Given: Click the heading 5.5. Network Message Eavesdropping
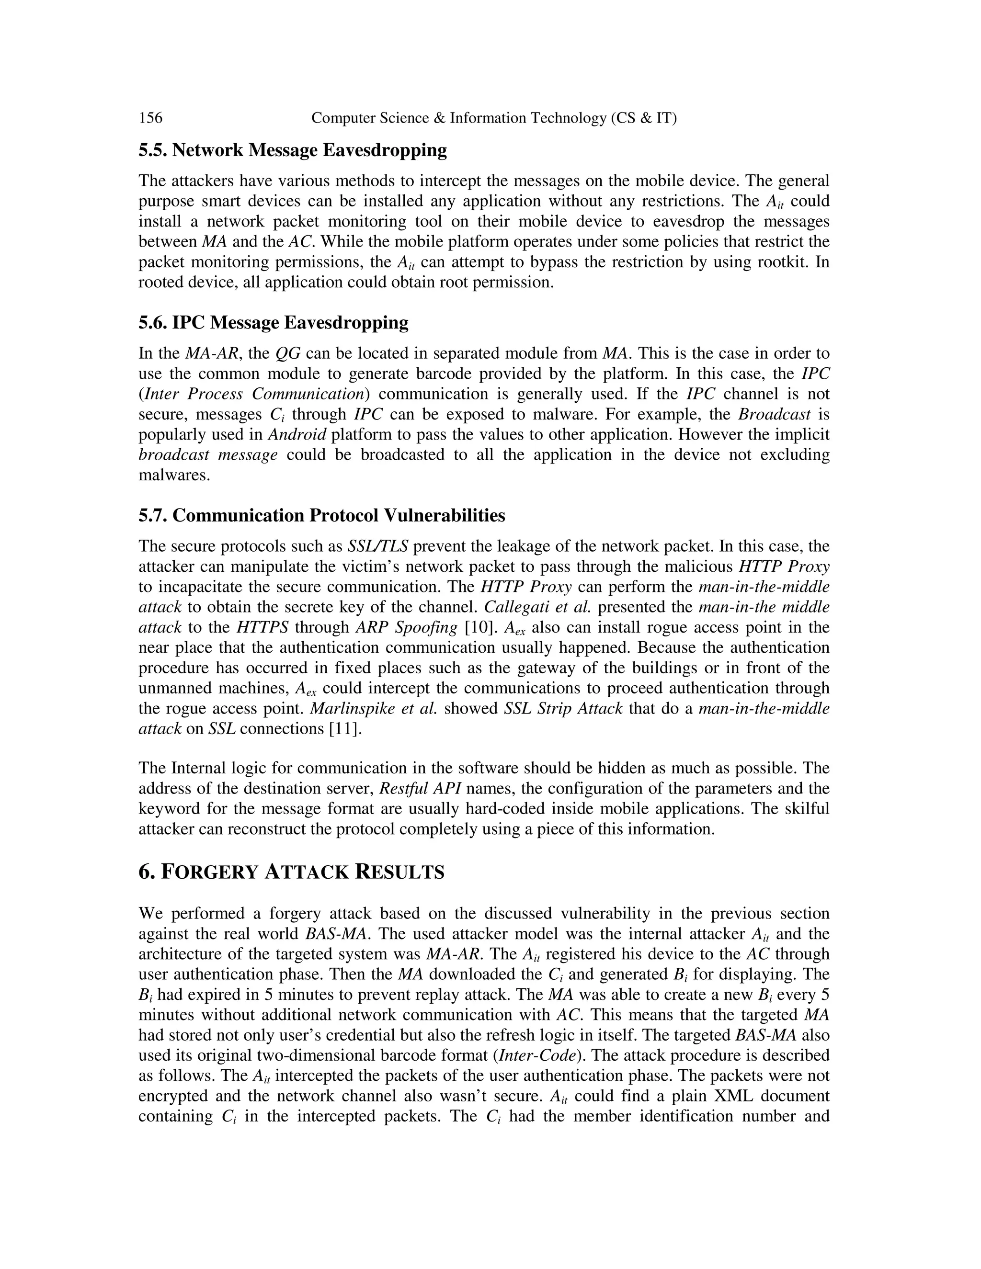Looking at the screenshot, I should [x=292, y=150].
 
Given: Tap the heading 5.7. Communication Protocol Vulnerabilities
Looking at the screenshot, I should [x=321, y=515].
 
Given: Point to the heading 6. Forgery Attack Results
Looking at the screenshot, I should [x=291, y=872].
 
